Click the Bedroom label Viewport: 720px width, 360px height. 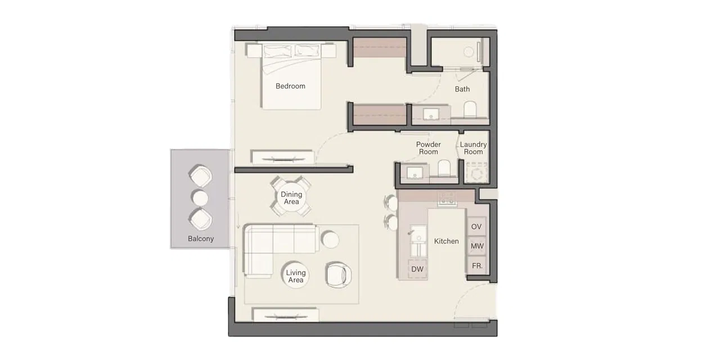(x=290, y=86)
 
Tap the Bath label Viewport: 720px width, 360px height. (x=462, y=89)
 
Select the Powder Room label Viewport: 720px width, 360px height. (x=428, y=148)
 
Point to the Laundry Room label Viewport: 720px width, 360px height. (x=473, y=148)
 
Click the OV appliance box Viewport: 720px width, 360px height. (x=476, y=227)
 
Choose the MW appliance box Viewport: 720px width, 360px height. (x=476, y=246)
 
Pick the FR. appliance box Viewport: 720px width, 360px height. (x=476, y=265)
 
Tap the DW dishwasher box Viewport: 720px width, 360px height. (x=417, y=269)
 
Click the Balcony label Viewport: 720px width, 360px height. (x=201, y=238)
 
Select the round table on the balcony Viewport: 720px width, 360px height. (x=200, y=198)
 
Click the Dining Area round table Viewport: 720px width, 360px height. (x=291, y=197)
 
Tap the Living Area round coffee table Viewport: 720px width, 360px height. (x=296, y=276)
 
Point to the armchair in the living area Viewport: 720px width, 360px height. (x=339, y=274)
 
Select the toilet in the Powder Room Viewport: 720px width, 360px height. (x=444, y=168)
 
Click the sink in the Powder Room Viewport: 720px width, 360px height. (x=416, y=172)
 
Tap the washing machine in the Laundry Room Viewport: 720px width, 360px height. (x=476, y=173)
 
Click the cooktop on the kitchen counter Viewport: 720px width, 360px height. (x=447, y=198)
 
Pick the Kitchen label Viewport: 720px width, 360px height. (x=446, y=241)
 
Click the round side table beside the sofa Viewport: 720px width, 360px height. (x=330, y=240)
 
